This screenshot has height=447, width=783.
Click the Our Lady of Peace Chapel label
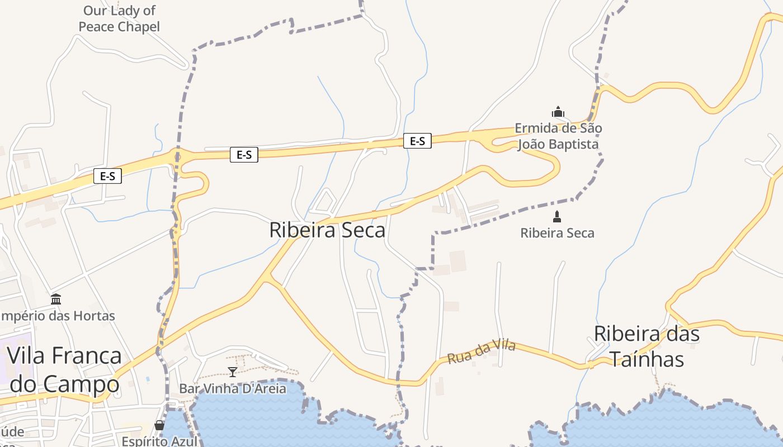point(119,18)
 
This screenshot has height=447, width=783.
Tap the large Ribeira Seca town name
point(327,230)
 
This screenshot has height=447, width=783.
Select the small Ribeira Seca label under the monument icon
point(557,233)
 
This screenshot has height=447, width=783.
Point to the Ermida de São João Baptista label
point(558,136)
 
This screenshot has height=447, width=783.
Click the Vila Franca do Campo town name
point(64,369)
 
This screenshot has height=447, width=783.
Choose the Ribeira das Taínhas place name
point(647,346)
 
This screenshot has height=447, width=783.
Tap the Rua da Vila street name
point(482,352)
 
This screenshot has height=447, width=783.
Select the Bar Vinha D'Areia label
point(233,388)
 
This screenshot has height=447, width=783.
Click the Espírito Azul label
point(160,441)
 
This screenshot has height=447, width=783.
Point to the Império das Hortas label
point(57,316)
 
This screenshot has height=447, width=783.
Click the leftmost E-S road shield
point(107,177)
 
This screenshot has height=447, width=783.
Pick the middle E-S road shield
point(244,155)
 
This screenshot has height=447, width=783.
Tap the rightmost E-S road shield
point(417,141)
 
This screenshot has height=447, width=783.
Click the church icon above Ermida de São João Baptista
point(558,112)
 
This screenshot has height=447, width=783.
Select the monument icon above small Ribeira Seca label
point(556,216)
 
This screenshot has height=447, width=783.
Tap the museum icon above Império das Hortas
point(56,299)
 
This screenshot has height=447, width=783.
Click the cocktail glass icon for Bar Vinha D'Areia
point(233,372)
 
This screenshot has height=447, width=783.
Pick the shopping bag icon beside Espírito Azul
point(159,425)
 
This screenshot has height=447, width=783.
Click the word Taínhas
point(647,359)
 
